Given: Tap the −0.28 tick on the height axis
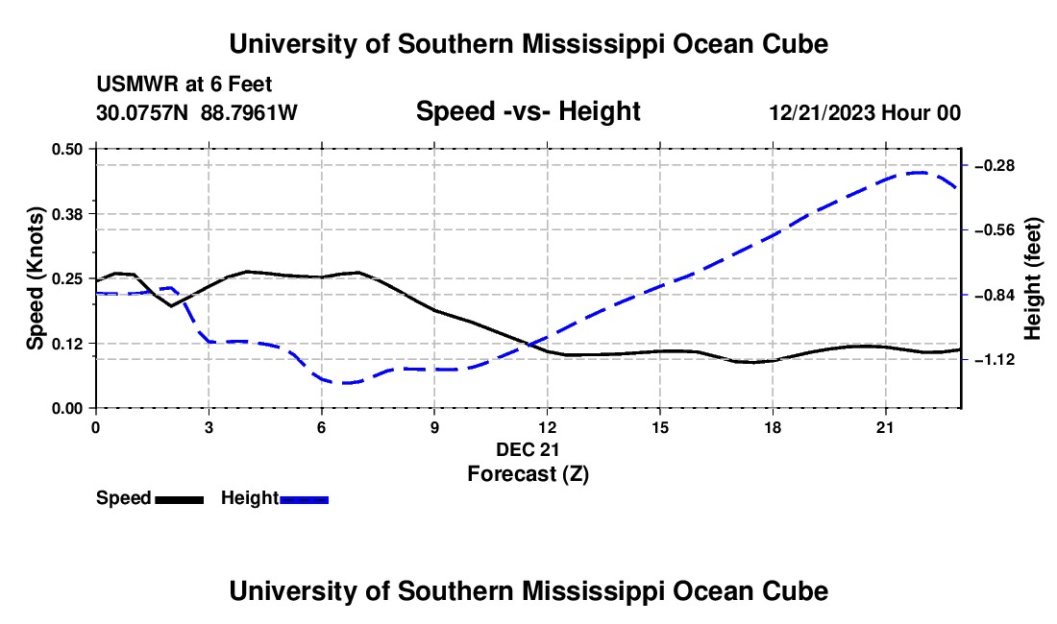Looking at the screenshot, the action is (995, 165).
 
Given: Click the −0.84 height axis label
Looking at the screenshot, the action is (995, 296).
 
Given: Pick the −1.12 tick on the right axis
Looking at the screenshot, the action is (995, 360).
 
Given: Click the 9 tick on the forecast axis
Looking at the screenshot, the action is (434, 427).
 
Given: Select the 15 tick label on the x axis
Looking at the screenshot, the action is (660, 427).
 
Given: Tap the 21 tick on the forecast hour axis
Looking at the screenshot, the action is (885, 427).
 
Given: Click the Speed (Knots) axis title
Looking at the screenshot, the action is (35, 278).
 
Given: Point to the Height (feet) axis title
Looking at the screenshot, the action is (1032, 278).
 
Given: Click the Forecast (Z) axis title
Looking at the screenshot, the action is (528, 474).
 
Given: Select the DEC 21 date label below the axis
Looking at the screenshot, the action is (528, 449).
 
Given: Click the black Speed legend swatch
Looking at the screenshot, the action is (180, 499).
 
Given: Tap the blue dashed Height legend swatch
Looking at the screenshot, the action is (304, 499).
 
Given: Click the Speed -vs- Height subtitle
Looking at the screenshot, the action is (528, 111).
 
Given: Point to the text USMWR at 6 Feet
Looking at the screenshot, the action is (184, 84).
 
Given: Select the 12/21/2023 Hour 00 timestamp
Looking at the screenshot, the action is (865, 112).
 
